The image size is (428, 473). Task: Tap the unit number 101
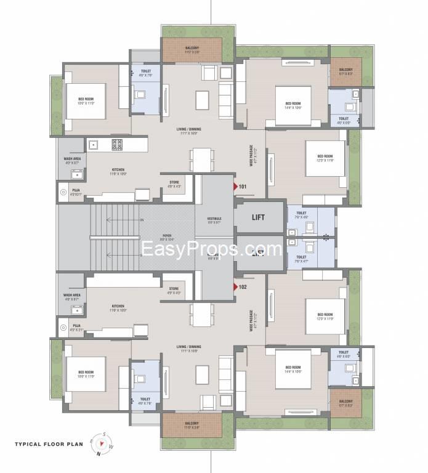pos(243,186)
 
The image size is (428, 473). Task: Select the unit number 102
pos(243,286)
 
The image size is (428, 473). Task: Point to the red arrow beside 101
pos(235,186)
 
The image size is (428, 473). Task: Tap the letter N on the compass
pos(97,456)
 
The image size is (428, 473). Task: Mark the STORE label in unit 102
pos(174,289)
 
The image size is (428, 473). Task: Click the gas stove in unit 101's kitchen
pos(117,144)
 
